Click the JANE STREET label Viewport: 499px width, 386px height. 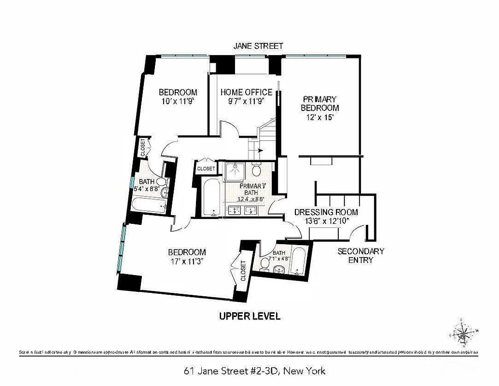pos(258,46)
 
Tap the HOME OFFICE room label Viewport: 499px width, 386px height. pos(246,92)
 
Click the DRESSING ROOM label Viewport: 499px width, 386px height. pos(326,212)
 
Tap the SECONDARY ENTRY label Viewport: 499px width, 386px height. pos(360,256)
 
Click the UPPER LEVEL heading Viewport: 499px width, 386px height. pos(249,317)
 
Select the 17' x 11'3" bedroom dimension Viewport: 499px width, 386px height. pos(186,262)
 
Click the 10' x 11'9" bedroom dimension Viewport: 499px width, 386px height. pos(178,101)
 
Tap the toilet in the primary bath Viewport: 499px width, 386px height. pos(256,170)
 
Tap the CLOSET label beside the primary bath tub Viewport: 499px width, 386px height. pos(206,169)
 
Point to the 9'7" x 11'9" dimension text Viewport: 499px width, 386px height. pos(246,101)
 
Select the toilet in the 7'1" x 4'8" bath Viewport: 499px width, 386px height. pos(266,263)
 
